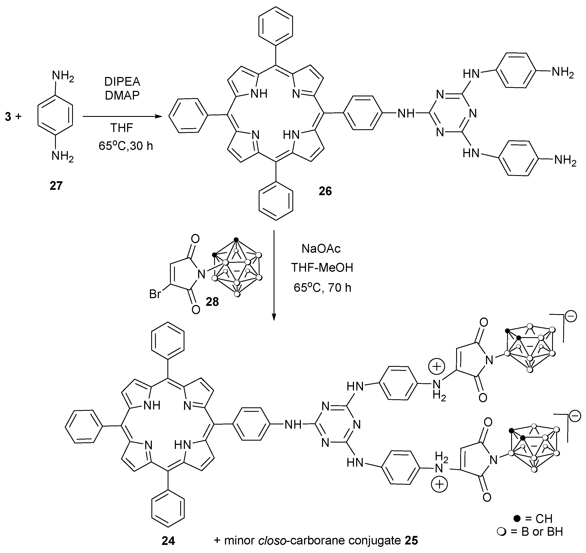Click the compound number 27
56,186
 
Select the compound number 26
325,191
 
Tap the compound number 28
212,302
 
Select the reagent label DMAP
123,95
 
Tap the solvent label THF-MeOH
322,268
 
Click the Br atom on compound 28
155,294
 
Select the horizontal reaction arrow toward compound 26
122,117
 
